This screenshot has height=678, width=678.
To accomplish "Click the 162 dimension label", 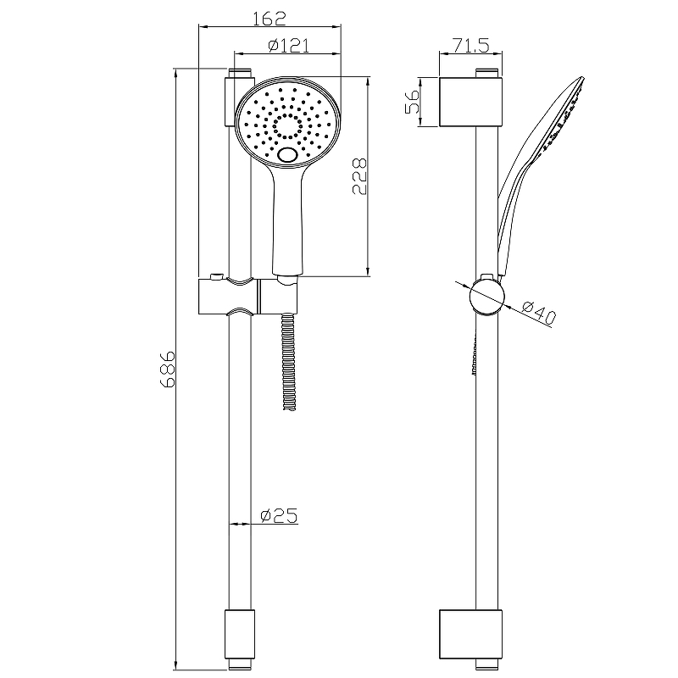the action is click(269, 18).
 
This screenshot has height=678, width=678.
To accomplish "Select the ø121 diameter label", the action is click(288, 45).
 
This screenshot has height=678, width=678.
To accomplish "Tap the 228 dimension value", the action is click(359, 176).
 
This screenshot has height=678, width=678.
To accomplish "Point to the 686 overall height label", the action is click(167, 369).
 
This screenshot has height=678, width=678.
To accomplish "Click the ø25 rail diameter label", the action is click(279, 515).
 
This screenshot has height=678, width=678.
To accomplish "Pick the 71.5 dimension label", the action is click(471, 45).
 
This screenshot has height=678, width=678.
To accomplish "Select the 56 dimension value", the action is click(413, 102).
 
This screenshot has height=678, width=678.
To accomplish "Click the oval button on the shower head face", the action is click(287, 155).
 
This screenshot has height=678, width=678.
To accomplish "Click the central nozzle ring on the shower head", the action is click(287, 126).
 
